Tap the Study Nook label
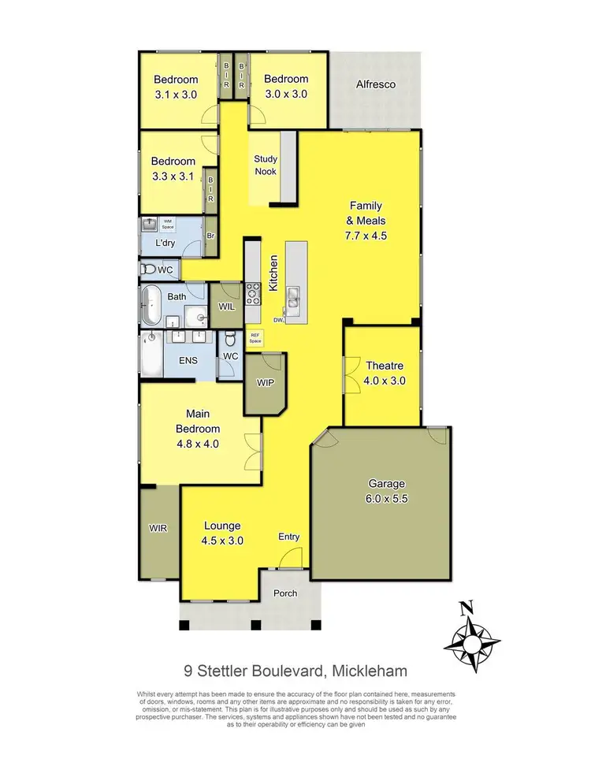click(266, 165)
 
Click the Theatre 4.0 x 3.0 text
click(385, 373)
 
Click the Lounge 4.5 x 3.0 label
click(221, 533)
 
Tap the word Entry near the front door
click(289, 537)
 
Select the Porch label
click(285, 593)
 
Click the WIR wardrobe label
click(158, 527)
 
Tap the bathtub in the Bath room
click(151, 307)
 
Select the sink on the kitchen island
click(293, 296)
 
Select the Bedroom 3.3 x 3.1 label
click(174, 169)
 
